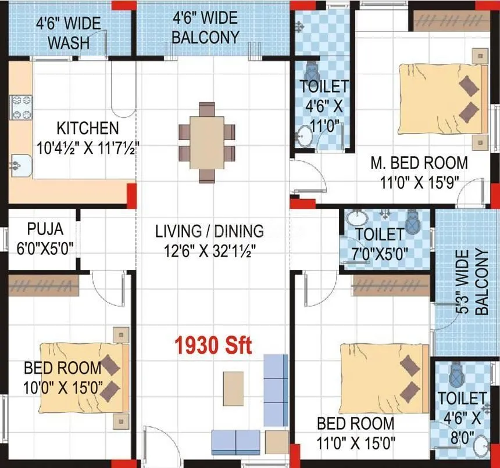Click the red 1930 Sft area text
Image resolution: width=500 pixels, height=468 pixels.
(x=213, y=346)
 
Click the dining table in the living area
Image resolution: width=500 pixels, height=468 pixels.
(x=207, y=142)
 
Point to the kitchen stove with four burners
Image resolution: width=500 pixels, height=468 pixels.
(x=22, y=107)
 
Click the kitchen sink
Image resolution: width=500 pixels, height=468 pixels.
(x=20, y=165)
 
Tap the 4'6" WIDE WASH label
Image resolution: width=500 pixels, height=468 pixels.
(x=68, y=33)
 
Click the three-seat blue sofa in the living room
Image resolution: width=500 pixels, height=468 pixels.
(x=276, y=389)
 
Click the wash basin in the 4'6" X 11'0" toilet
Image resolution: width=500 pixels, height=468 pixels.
(x=305, y=138)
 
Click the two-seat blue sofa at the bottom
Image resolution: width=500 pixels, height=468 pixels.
(x=235, y=442)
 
